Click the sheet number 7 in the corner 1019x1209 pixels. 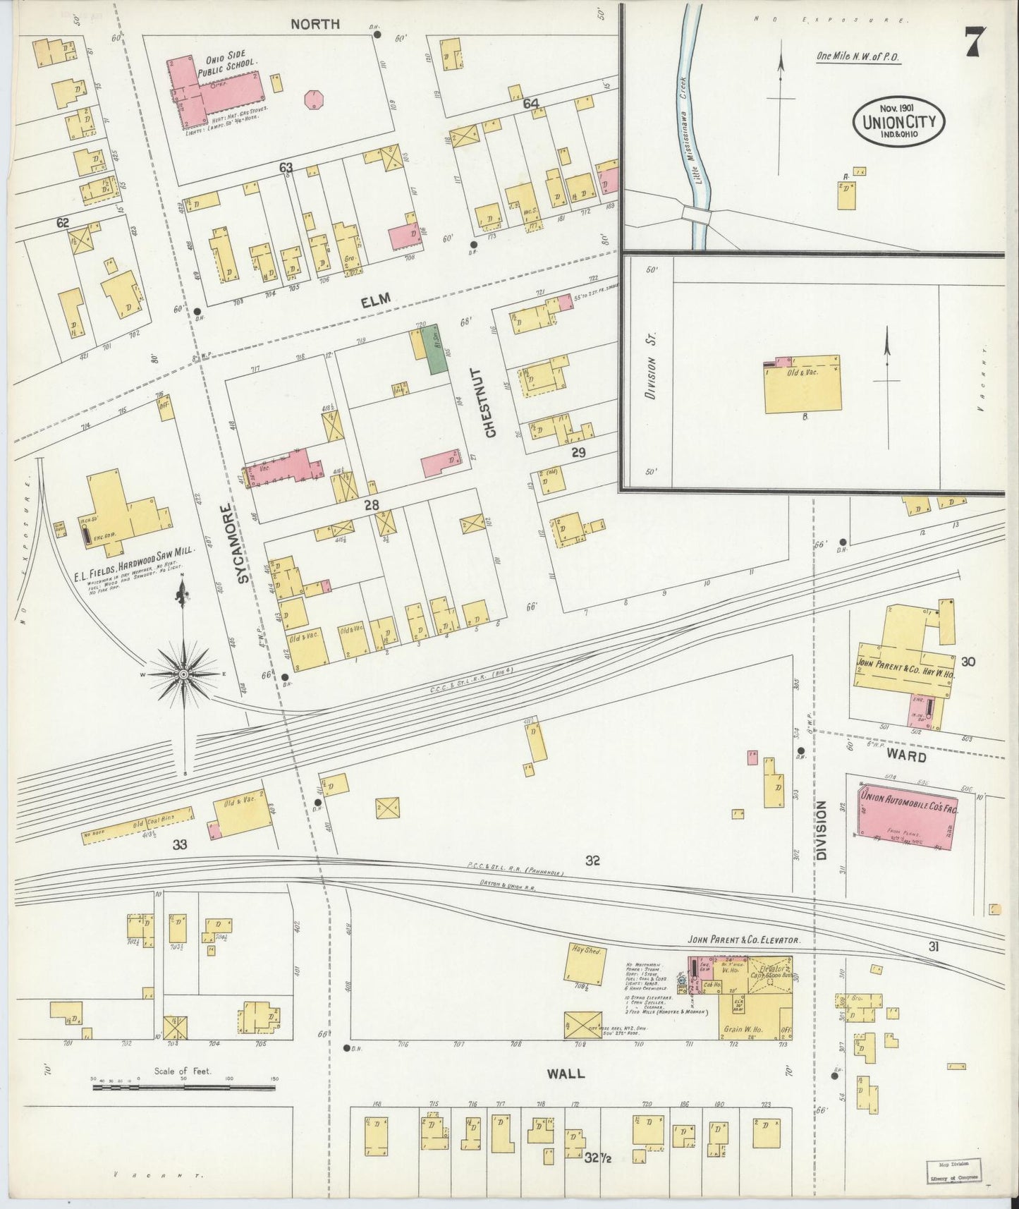pyautogui.click(x=976, y=44)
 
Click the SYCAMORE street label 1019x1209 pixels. pyautogui.click(x=243, y=543)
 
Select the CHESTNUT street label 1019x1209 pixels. pyautogui.click(x=491, y=402)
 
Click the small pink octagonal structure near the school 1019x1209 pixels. pyautogui.click(x=314, y=99)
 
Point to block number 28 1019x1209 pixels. pyautogui.click(x=372, y=504)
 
